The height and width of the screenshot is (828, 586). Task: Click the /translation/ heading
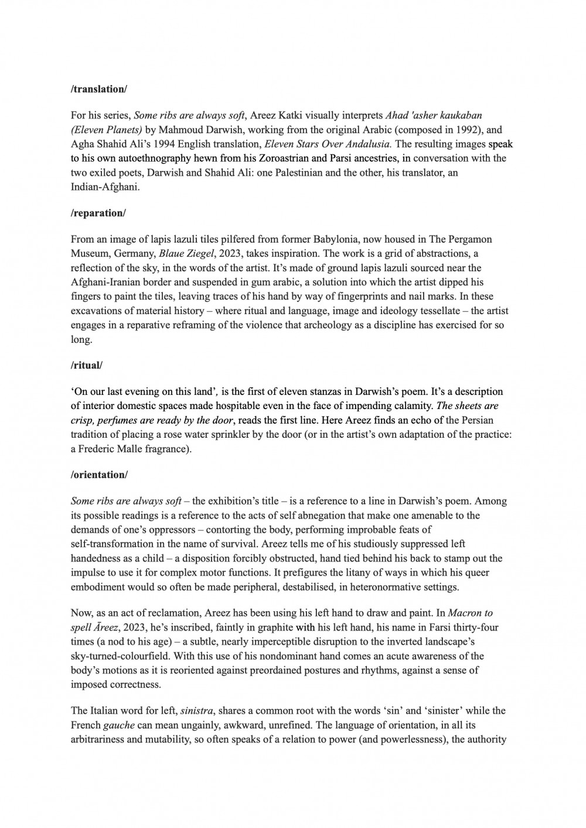[x=98, y=89]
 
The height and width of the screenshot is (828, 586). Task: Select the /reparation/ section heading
[x=98, y=213]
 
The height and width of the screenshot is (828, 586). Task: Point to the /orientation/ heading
[x=99, y=475]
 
